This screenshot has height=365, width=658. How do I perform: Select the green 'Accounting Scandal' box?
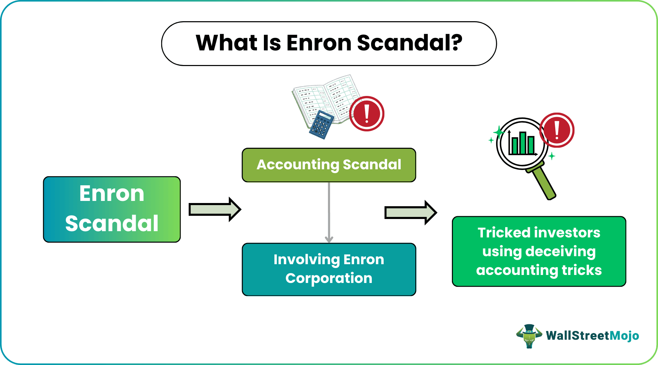click(329, 165)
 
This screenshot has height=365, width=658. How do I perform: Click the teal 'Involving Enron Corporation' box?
click(329, 269)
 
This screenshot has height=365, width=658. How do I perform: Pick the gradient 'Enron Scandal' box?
click(112, 209)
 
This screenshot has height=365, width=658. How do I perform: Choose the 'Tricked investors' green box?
click(539, 251)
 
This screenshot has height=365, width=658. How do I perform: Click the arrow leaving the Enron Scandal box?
click(214, 209)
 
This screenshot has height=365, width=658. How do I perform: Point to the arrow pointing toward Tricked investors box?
click(410, 212)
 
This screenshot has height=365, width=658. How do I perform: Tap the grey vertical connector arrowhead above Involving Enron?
click(329, 239)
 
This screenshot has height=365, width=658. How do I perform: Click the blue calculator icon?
click(321, 125)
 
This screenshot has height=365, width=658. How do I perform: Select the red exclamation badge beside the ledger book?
click(366, 114)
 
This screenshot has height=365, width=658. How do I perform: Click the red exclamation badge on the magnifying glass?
click(557, 130)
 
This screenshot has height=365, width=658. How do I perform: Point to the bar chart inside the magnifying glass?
click(521, 143)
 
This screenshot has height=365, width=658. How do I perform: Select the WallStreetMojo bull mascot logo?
click(529, 336)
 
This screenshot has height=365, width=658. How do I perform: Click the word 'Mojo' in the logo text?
click(624, 335)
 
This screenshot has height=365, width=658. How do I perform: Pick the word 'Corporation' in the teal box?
click(329, 278)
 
